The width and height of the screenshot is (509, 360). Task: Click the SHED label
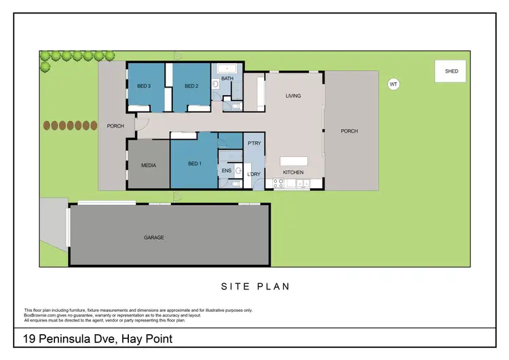point(451,71)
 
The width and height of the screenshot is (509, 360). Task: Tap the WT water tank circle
point(393,84)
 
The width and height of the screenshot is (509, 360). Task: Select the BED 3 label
point(144,86)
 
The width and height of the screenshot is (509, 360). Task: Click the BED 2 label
point(191,86)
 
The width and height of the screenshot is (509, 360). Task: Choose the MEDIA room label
point(149,165)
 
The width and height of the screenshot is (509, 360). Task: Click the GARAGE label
point(154,238)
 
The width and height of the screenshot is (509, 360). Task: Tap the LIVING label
point(293,96)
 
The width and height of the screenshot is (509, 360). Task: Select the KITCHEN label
point(293,173)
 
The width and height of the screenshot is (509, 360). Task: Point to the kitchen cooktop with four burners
point(278,183)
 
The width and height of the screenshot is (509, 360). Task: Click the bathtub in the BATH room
point(227,68)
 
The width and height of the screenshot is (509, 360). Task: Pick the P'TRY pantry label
point(254,143)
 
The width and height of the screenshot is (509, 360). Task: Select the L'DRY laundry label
point(254,175)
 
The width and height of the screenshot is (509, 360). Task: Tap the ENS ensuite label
point(226,170)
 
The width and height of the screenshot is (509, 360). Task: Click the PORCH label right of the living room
point(349,131)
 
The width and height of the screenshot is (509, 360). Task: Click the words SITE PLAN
point(255,287)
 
